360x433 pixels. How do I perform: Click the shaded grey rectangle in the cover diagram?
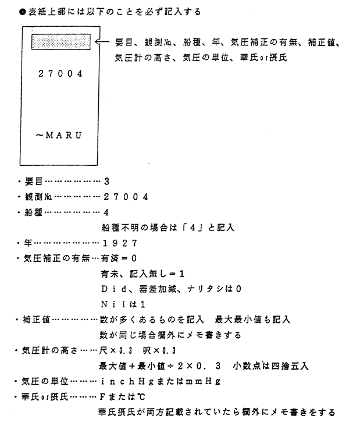pyautogui.click(x=61, y=42)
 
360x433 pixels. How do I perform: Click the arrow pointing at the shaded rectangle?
pyautogui.click(x=102, y=42)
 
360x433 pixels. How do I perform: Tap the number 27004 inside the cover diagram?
pyautogui.click(x=60, y=74)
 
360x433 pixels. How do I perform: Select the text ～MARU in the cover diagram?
pyautogui.click(x=59, y=135)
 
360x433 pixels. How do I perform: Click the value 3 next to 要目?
pyautogui.click(x=106, y=182)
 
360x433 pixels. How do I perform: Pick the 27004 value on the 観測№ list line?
pyautogui.click(x=126, y=197)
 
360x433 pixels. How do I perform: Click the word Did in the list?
pyautogui.click(x=113, y=289)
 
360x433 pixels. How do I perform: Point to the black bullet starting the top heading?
pyautogui.click(x=22, y=12)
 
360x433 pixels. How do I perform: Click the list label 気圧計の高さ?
pyautogui.click(x=50, y=351)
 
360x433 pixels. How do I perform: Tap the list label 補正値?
pyautogui.click(x=37, y=320)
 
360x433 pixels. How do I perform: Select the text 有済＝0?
pyautogui.click(x=119, y=258)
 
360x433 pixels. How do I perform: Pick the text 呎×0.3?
pyautogui.click(x=159, y=351)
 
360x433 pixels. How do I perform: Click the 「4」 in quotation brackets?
pyautogui.click(x=193, y=228)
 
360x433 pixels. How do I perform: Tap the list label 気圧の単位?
pyautogui.click(x=45, y=382)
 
